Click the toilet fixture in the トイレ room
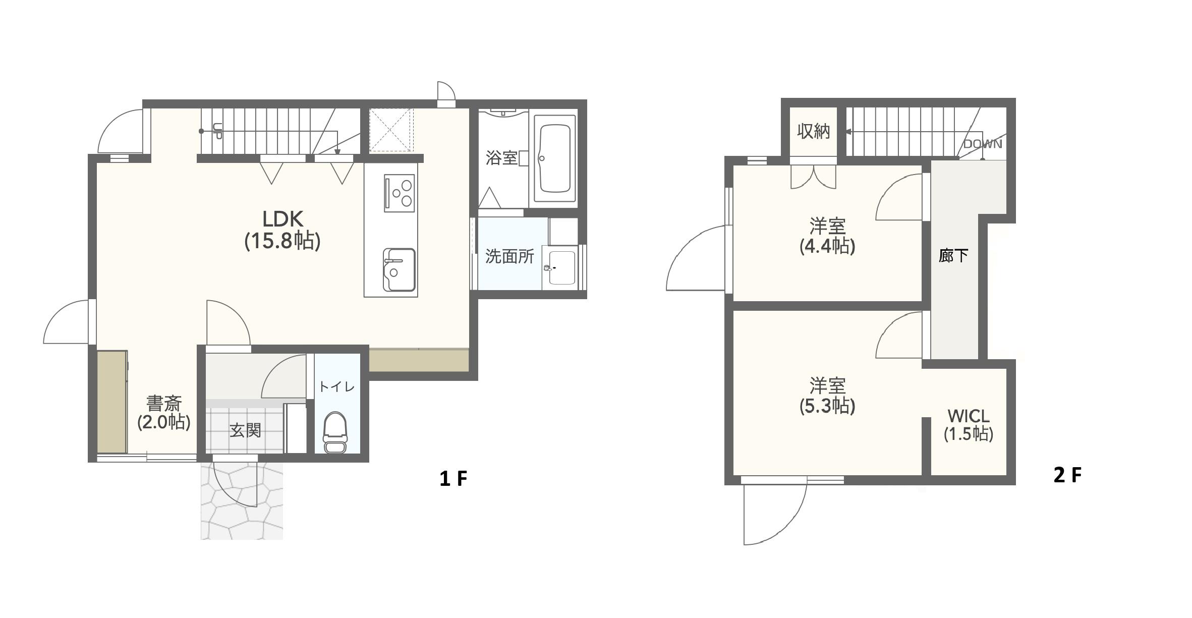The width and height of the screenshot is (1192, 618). click(335, 432)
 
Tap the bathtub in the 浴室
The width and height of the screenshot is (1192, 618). click(554, 158)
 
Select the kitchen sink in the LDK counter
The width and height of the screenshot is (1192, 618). click(399, 269)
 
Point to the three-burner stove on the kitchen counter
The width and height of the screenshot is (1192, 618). click(399, 193)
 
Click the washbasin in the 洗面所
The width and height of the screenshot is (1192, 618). click(560, 267)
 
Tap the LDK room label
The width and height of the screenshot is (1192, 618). click(283, 219)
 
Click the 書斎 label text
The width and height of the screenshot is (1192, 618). click(164, 403)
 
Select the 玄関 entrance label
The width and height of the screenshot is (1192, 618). click(245, 430)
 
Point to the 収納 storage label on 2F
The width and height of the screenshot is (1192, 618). click(813, 131)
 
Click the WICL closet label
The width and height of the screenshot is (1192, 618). click(969, 416)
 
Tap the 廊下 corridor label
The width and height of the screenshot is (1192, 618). click(953, 256)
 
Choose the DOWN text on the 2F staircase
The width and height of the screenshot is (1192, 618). click(982, 144)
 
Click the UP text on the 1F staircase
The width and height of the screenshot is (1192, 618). click(217, 131)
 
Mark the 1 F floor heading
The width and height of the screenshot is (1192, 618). click(453, 478)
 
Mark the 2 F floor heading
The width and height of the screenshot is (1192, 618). click(1067, 475)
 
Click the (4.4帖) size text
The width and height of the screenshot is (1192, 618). click(827, 246)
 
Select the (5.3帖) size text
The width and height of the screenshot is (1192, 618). click(827, 406)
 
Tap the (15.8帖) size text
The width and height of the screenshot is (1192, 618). click(282, 241)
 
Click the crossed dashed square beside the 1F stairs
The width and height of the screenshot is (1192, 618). click(391, 130)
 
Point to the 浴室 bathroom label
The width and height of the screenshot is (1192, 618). click(501, 158)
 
